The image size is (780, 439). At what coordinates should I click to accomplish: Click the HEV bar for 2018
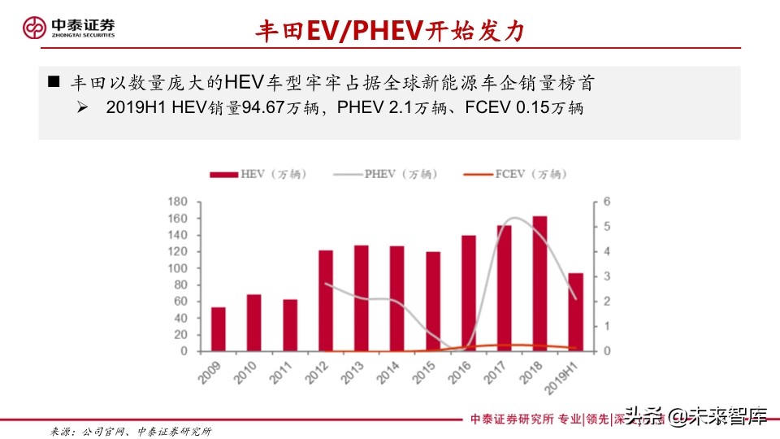539,283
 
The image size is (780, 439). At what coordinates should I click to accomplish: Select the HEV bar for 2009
218,328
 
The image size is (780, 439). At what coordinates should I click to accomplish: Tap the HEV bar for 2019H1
575,311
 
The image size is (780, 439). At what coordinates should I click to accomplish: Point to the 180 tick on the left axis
178,202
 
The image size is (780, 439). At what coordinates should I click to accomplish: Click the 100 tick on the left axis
178,268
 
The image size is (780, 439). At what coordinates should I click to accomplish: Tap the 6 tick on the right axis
606,202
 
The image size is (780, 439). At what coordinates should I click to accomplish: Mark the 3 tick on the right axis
606,276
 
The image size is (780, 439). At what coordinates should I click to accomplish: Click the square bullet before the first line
54,82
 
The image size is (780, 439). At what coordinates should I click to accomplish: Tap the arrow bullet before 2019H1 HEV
82,107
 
